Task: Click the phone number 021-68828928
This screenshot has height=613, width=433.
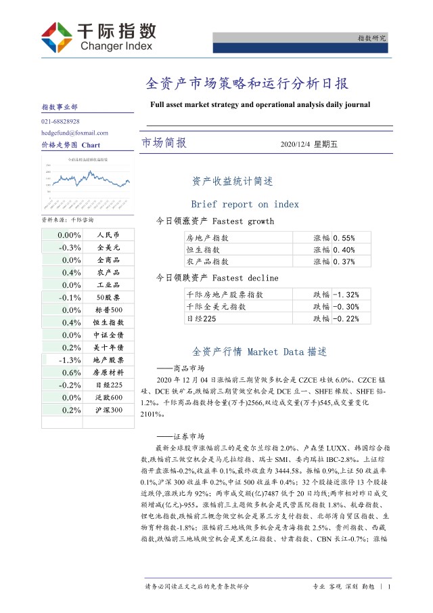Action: tap(60, 121)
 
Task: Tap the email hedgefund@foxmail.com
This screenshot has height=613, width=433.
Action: tap(74, 133)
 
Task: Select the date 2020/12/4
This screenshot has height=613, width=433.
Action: tap(294, 144)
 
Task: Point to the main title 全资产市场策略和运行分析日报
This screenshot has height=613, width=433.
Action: tap(247, 84)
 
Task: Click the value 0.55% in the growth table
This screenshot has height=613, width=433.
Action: tap(344, 238)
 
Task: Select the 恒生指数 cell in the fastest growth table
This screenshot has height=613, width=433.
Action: tap(207, 249)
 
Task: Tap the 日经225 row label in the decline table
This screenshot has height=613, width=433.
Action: tap(201, 318)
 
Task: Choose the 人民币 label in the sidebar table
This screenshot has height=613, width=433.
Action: tap(108, 235)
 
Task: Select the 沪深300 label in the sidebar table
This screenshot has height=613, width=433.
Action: tap(108, 410)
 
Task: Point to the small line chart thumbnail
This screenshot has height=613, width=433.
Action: tap(88, 182)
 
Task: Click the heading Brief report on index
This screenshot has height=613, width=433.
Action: tap(245, 204)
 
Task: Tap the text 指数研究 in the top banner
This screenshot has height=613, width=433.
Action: tap(371, 39)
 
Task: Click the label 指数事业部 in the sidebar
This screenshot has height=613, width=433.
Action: tap(60, 107)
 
